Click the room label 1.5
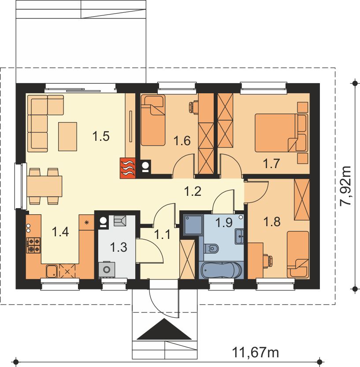click(x=101, y=136)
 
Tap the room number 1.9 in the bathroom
click(x=224, y=222)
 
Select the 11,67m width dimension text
click(x=256, y=352)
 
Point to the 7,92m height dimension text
click(x=345, y=186)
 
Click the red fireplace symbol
click(x=128, y=168)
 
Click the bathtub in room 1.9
click(x=221, y=270)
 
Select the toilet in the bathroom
click(x=211, y=248)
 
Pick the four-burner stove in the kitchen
click(x=34, y=245)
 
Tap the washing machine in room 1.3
click(x=107, y=269)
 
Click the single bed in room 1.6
click(x=153, y=121)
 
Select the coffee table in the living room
click(x=68, y=136)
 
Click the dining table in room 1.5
click(x=45, y=186)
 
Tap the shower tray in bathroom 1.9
click(x=193, y=224)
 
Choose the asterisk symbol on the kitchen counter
click(x=86, y=222)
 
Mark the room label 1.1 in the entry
click(x=163, y=235)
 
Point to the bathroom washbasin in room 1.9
click(x=239, y=236)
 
